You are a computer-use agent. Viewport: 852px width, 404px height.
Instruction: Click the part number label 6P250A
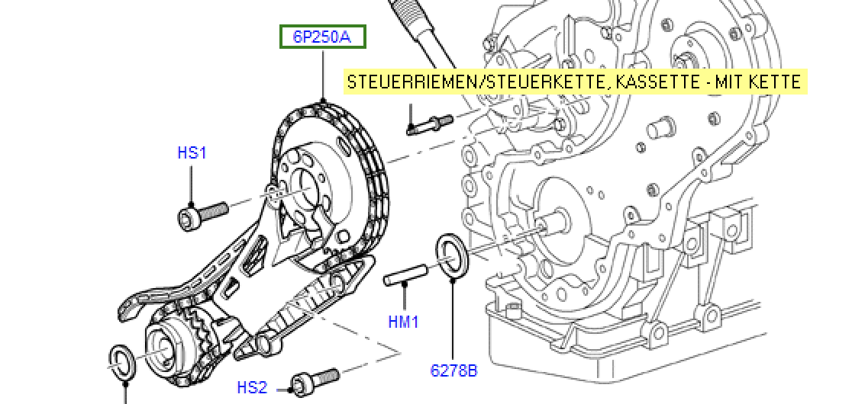(x=323, y=37)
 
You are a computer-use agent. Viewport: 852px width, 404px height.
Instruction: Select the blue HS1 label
(x=192, y=153)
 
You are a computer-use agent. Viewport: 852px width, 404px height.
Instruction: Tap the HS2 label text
(x=253, y=388)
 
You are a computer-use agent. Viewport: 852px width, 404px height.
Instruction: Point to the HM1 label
(x=403, y=322)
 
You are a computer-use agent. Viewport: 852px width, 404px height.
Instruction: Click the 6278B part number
(x=453, y=371)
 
